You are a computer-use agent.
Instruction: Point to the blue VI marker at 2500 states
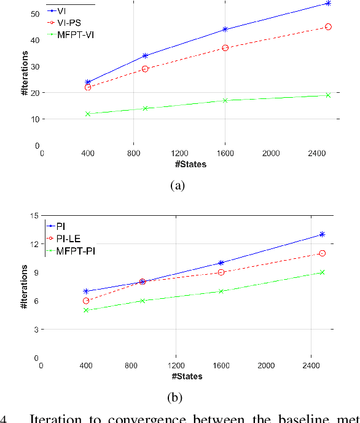328,3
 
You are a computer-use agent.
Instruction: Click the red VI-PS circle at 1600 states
225,47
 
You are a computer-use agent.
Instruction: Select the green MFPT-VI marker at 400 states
88,114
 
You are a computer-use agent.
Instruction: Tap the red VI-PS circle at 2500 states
328,27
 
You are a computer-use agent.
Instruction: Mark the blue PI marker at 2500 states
322,234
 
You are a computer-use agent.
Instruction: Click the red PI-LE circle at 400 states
87,301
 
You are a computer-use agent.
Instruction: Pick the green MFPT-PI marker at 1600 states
221,291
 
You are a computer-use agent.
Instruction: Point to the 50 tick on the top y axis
34,14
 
